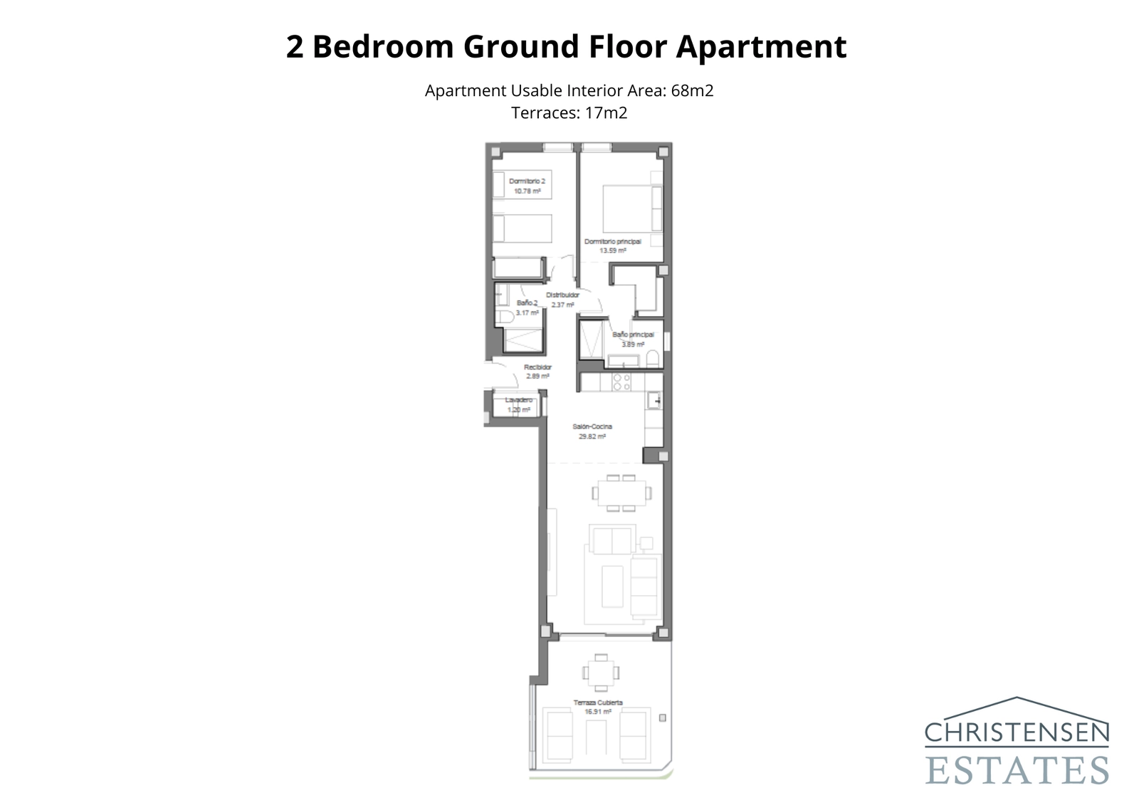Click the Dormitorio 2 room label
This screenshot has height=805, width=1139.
click(527, 181)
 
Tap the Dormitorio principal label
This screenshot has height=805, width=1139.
click(612, 242)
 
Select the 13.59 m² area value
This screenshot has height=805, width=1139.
click(612, 251)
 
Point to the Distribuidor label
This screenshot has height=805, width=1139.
click(562, 295)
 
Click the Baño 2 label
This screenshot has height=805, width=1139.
click(527, 303)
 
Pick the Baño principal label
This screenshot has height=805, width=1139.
click(633, 335)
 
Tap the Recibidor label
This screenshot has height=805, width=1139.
click(537, 367)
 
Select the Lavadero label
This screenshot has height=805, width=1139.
click(518, 400)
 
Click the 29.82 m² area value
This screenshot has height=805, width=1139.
click(592, 436)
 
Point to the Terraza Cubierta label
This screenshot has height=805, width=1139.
click(598, 703)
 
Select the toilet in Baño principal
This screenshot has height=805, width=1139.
click(653, 358)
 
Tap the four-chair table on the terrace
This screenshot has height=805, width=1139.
click(600, 673)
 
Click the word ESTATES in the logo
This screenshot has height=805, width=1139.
click(1017, 770)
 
